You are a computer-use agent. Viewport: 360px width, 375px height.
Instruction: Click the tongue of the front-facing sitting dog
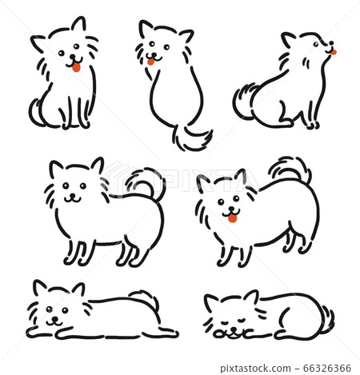point(76,67)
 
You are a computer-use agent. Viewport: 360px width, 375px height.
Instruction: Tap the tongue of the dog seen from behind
point(150,62)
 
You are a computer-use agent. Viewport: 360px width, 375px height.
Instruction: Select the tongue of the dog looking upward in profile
point(333,52)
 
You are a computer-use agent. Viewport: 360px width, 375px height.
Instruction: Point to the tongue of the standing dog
point(232,218)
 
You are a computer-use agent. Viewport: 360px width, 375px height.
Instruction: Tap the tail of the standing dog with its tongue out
point(290,170)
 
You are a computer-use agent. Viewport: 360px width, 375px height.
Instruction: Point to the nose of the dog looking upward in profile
point(331,43)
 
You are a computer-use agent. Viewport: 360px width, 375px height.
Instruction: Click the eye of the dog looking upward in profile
point(316,44)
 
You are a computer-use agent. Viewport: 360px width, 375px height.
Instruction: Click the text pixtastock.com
point(255,369)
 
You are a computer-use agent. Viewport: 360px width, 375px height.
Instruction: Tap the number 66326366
point(327,369)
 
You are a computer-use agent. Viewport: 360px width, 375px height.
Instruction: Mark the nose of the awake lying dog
point(55,319)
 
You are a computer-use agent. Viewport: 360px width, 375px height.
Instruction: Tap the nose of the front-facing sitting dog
point(73,57)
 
